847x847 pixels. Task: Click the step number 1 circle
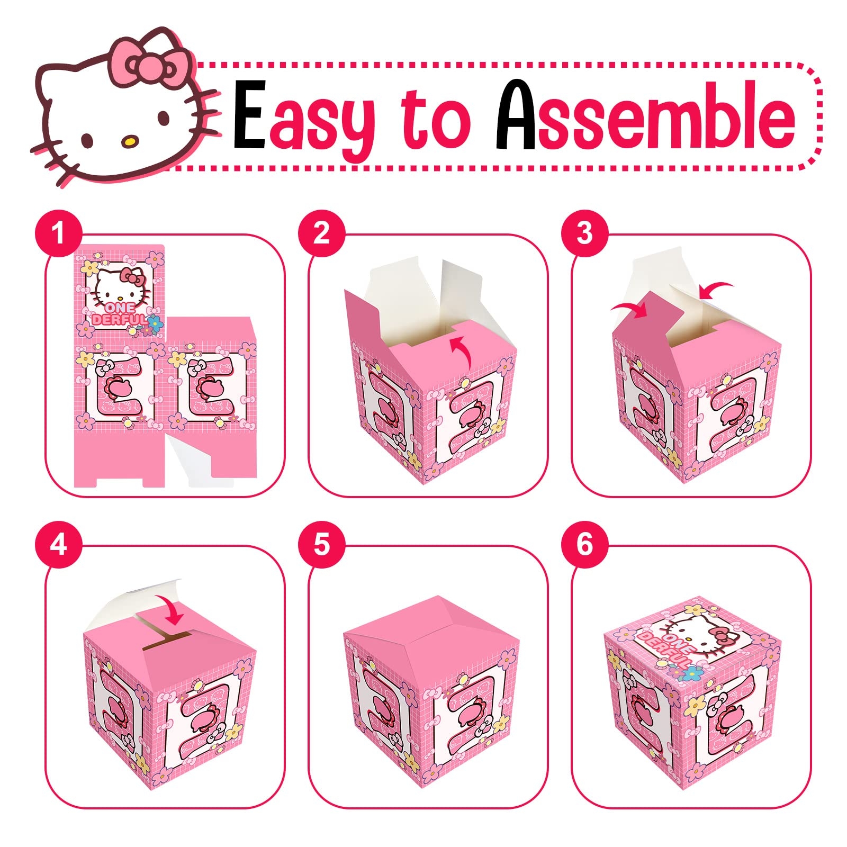(58, 233)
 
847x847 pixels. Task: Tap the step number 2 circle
(321, 233)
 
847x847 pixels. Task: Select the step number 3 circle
(584, 233)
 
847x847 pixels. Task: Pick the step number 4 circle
(58, 545)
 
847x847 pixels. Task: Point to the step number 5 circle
(321, 545)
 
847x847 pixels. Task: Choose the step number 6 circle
(584, 545)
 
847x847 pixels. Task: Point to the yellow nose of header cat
(129, 141)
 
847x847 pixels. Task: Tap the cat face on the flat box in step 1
(121, 286)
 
